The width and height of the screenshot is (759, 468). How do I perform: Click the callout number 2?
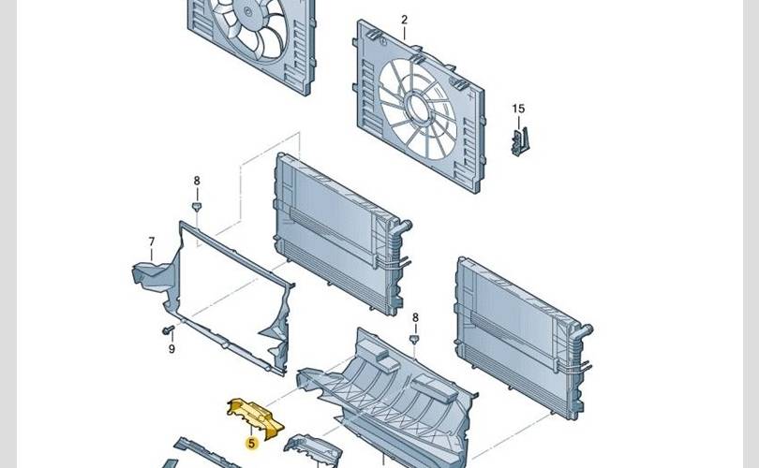tap(404, 20)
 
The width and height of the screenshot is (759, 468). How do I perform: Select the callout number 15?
tap(518, 109)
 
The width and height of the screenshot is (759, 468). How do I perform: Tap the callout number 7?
tap(152, 241)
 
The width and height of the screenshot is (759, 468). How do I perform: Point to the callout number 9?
tap(171, 348)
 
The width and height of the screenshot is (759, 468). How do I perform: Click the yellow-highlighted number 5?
tap(251, 443)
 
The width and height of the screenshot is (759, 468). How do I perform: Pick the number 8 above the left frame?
tap(197, 181)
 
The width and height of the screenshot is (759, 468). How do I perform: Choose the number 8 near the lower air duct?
tap(415, 317)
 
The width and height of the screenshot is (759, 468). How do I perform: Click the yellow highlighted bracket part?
tap(255, 417)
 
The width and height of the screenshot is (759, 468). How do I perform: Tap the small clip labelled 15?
tap(520, 141)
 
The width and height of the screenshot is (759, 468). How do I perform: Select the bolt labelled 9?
tap(168, 330)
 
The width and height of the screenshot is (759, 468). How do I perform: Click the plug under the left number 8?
tap(197, 207)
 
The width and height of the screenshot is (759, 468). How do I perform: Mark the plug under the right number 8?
tap(414, 340)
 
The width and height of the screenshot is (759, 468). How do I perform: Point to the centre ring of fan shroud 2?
tap(417, 108)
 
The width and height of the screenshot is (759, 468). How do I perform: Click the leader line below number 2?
tap(404, 33)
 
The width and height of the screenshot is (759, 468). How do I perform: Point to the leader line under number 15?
tap(518, 123)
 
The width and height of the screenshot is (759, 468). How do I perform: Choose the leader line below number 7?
tap(152, 255)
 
